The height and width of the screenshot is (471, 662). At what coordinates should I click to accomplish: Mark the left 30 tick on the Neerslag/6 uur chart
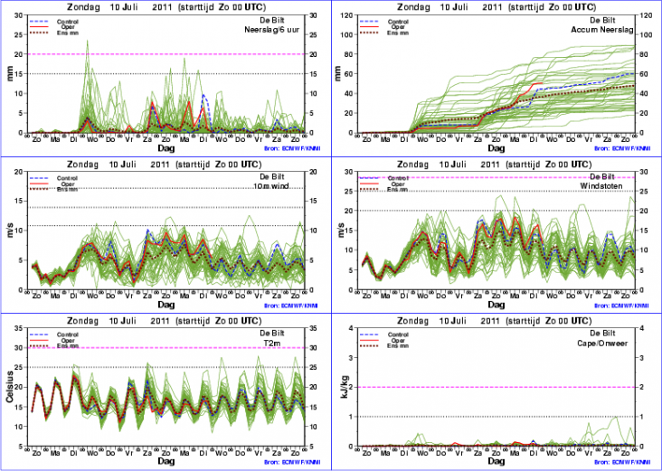(x=21, y=14)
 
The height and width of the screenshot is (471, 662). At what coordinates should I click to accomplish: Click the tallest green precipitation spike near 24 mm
(x=87, y=41)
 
